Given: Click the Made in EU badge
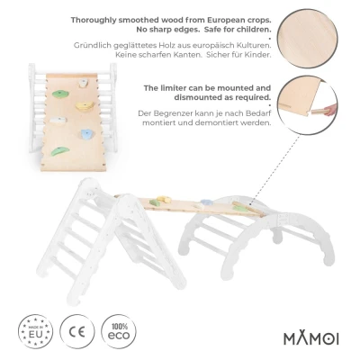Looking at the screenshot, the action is point(35,331).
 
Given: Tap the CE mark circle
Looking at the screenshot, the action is point(77,331).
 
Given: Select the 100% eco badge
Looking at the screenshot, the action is point(119,331).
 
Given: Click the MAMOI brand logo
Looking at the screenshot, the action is point(311,338).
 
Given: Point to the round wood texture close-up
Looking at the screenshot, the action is point(308,39).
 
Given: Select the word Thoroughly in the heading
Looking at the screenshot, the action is point(94,21).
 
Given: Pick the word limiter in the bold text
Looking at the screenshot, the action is point(174,88).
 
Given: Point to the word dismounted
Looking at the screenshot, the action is point(199,97).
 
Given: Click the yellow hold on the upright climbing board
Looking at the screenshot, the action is point(85,105).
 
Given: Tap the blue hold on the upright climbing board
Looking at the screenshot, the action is point(87,134).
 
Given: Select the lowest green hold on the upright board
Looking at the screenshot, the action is point(60,151).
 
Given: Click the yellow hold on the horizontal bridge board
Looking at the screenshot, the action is point(164,199).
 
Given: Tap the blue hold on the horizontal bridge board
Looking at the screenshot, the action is point(207,202).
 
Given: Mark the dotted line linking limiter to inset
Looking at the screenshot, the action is point(274,168).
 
